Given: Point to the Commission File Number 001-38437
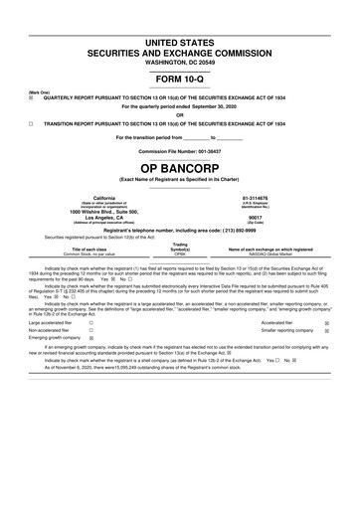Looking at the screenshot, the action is click(x=180, y=149).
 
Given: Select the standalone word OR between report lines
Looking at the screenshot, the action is click(x=180, y=112).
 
